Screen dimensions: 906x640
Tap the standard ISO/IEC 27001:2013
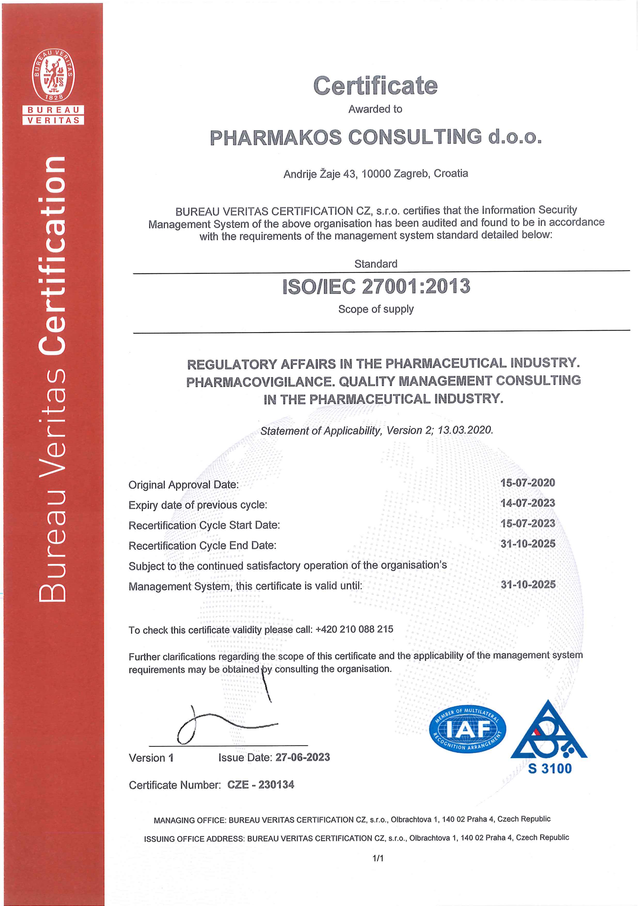pos(376,287)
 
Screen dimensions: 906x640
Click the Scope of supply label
pos(376,309)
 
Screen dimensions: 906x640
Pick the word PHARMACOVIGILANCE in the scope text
pos(259,382)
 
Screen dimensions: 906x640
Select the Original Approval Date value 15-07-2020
pos(528,483)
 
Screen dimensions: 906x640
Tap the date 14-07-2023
pos(528,503)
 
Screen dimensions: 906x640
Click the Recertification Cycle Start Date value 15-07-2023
pos(528,523)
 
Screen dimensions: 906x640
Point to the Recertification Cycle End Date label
pos(202,545)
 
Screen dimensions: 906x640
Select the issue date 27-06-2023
pos(302,757)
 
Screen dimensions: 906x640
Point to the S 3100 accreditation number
pos(550,769)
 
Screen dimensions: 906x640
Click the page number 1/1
pos(378,858)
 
